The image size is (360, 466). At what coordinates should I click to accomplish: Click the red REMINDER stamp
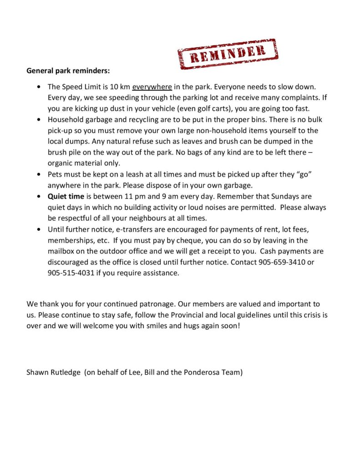[227, 54]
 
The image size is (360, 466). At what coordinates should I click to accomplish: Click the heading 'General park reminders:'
[68, 71]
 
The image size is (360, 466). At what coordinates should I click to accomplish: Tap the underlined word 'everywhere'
[152, 86]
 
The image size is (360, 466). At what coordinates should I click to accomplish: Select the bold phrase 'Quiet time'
[66, 197]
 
